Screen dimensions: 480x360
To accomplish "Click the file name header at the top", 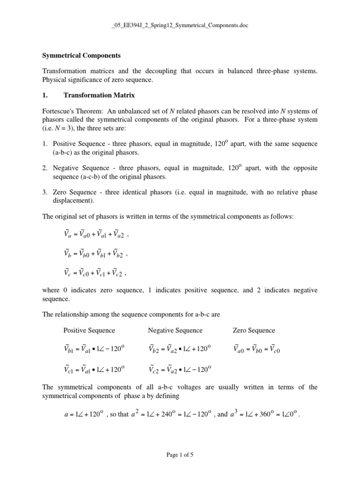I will point(180,25).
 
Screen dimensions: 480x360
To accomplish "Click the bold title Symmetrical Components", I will point(81,55).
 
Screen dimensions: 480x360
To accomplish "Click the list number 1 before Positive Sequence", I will point(45,143).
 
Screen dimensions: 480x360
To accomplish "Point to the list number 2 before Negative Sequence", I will point(45,168).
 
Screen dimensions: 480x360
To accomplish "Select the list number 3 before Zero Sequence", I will point(45,192).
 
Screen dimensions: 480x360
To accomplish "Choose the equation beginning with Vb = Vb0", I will point(95,254).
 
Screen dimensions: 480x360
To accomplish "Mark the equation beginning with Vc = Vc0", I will point(95,273).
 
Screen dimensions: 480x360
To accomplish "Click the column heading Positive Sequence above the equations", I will point(89,330).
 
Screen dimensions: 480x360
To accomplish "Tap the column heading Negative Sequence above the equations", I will point(175,330).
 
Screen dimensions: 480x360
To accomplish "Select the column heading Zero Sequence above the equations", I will point(254,330).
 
